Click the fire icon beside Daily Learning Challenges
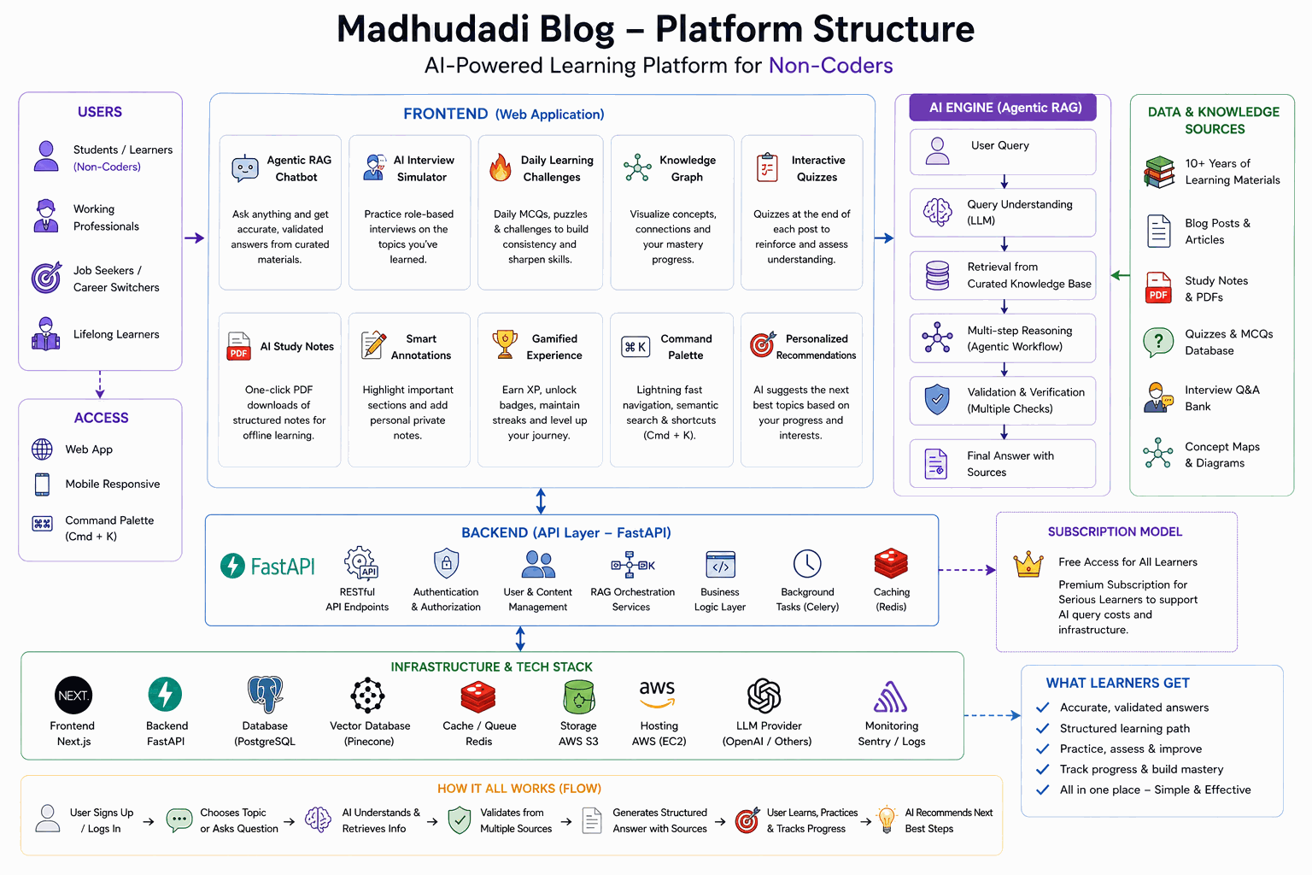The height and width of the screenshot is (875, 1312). (x=501, y=167)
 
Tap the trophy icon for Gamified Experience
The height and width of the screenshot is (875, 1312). (x=504, y=344)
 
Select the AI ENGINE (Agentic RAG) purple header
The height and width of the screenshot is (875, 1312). (x=1003, y=108)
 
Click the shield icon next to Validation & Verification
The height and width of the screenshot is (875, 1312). (x=937, y=400)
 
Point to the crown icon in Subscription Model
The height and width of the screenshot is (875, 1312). (x=1028, y=564)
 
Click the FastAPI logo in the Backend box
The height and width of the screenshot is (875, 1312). (x=267, y=567)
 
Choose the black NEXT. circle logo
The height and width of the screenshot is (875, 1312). (x=73, y=695)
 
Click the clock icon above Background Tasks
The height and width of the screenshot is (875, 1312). (x=807, y=564)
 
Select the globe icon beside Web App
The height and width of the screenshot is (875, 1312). (x=42, y=449)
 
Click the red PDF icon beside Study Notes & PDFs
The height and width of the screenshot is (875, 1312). (x=1158, y=288)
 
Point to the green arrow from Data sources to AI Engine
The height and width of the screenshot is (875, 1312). (x=1120, y=275)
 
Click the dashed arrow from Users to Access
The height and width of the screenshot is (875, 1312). (x=100, y=385)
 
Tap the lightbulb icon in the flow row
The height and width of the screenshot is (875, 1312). (x=887, y=819)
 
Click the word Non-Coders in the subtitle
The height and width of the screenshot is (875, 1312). (x=830, y=66)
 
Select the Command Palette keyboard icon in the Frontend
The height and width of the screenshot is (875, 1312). (x=635, y=347)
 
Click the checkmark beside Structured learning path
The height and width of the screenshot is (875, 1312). (x=1043, y=729)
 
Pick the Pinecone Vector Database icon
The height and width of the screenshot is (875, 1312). (x=368, y=696)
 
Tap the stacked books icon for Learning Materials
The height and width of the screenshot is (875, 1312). (x=1159, y=172)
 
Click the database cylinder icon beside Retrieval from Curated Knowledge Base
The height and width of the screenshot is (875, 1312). (x=937, y=275)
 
